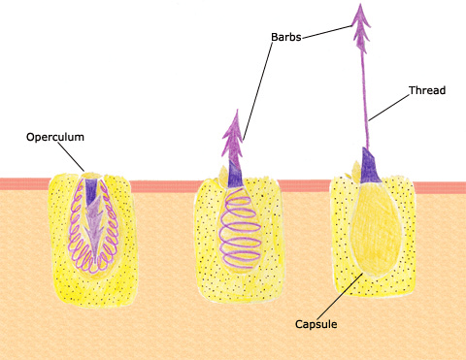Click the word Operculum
[55, 137]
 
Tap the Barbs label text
[286, 37]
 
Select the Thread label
[427, 90]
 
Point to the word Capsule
[316, 324]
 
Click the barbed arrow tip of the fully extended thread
[361, 27]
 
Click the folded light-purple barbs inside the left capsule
[94, 226]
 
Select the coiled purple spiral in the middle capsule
[240, 230]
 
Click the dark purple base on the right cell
[370, 167]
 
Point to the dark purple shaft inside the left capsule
[91, 191]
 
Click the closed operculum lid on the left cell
[92, 176]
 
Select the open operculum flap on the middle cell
[223, 174]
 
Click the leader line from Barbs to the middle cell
[258, 90]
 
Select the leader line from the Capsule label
[340, 296]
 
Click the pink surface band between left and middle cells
[164, 185]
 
